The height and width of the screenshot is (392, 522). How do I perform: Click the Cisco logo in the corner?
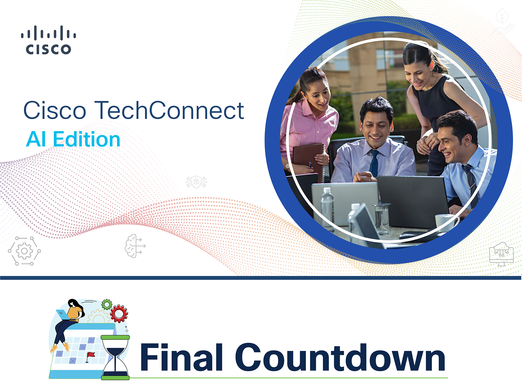49,40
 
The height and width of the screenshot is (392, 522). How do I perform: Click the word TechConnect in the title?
169,110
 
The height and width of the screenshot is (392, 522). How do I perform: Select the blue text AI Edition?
73,139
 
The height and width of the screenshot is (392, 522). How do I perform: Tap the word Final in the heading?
181,357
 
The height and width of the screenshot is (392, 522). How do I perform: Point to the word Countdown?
340,357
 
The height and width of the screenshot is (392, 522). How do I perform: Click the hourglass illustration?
115,357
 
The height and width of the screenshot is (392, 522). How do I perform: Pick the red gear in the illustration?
119,314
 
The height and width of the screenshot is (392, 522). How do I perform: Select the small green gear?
107,304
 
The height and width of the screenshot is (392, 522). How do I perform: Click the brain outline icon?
135,246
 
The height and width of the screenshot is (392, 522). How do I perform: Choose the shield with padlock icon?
196,182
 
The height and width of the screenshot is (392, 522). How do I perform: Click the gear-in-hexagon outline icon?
24,251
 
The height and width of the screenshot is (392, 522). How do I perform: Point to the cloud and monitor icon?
501,254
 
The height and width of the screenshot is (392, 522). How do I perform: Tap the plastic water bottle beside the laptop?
327,209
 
